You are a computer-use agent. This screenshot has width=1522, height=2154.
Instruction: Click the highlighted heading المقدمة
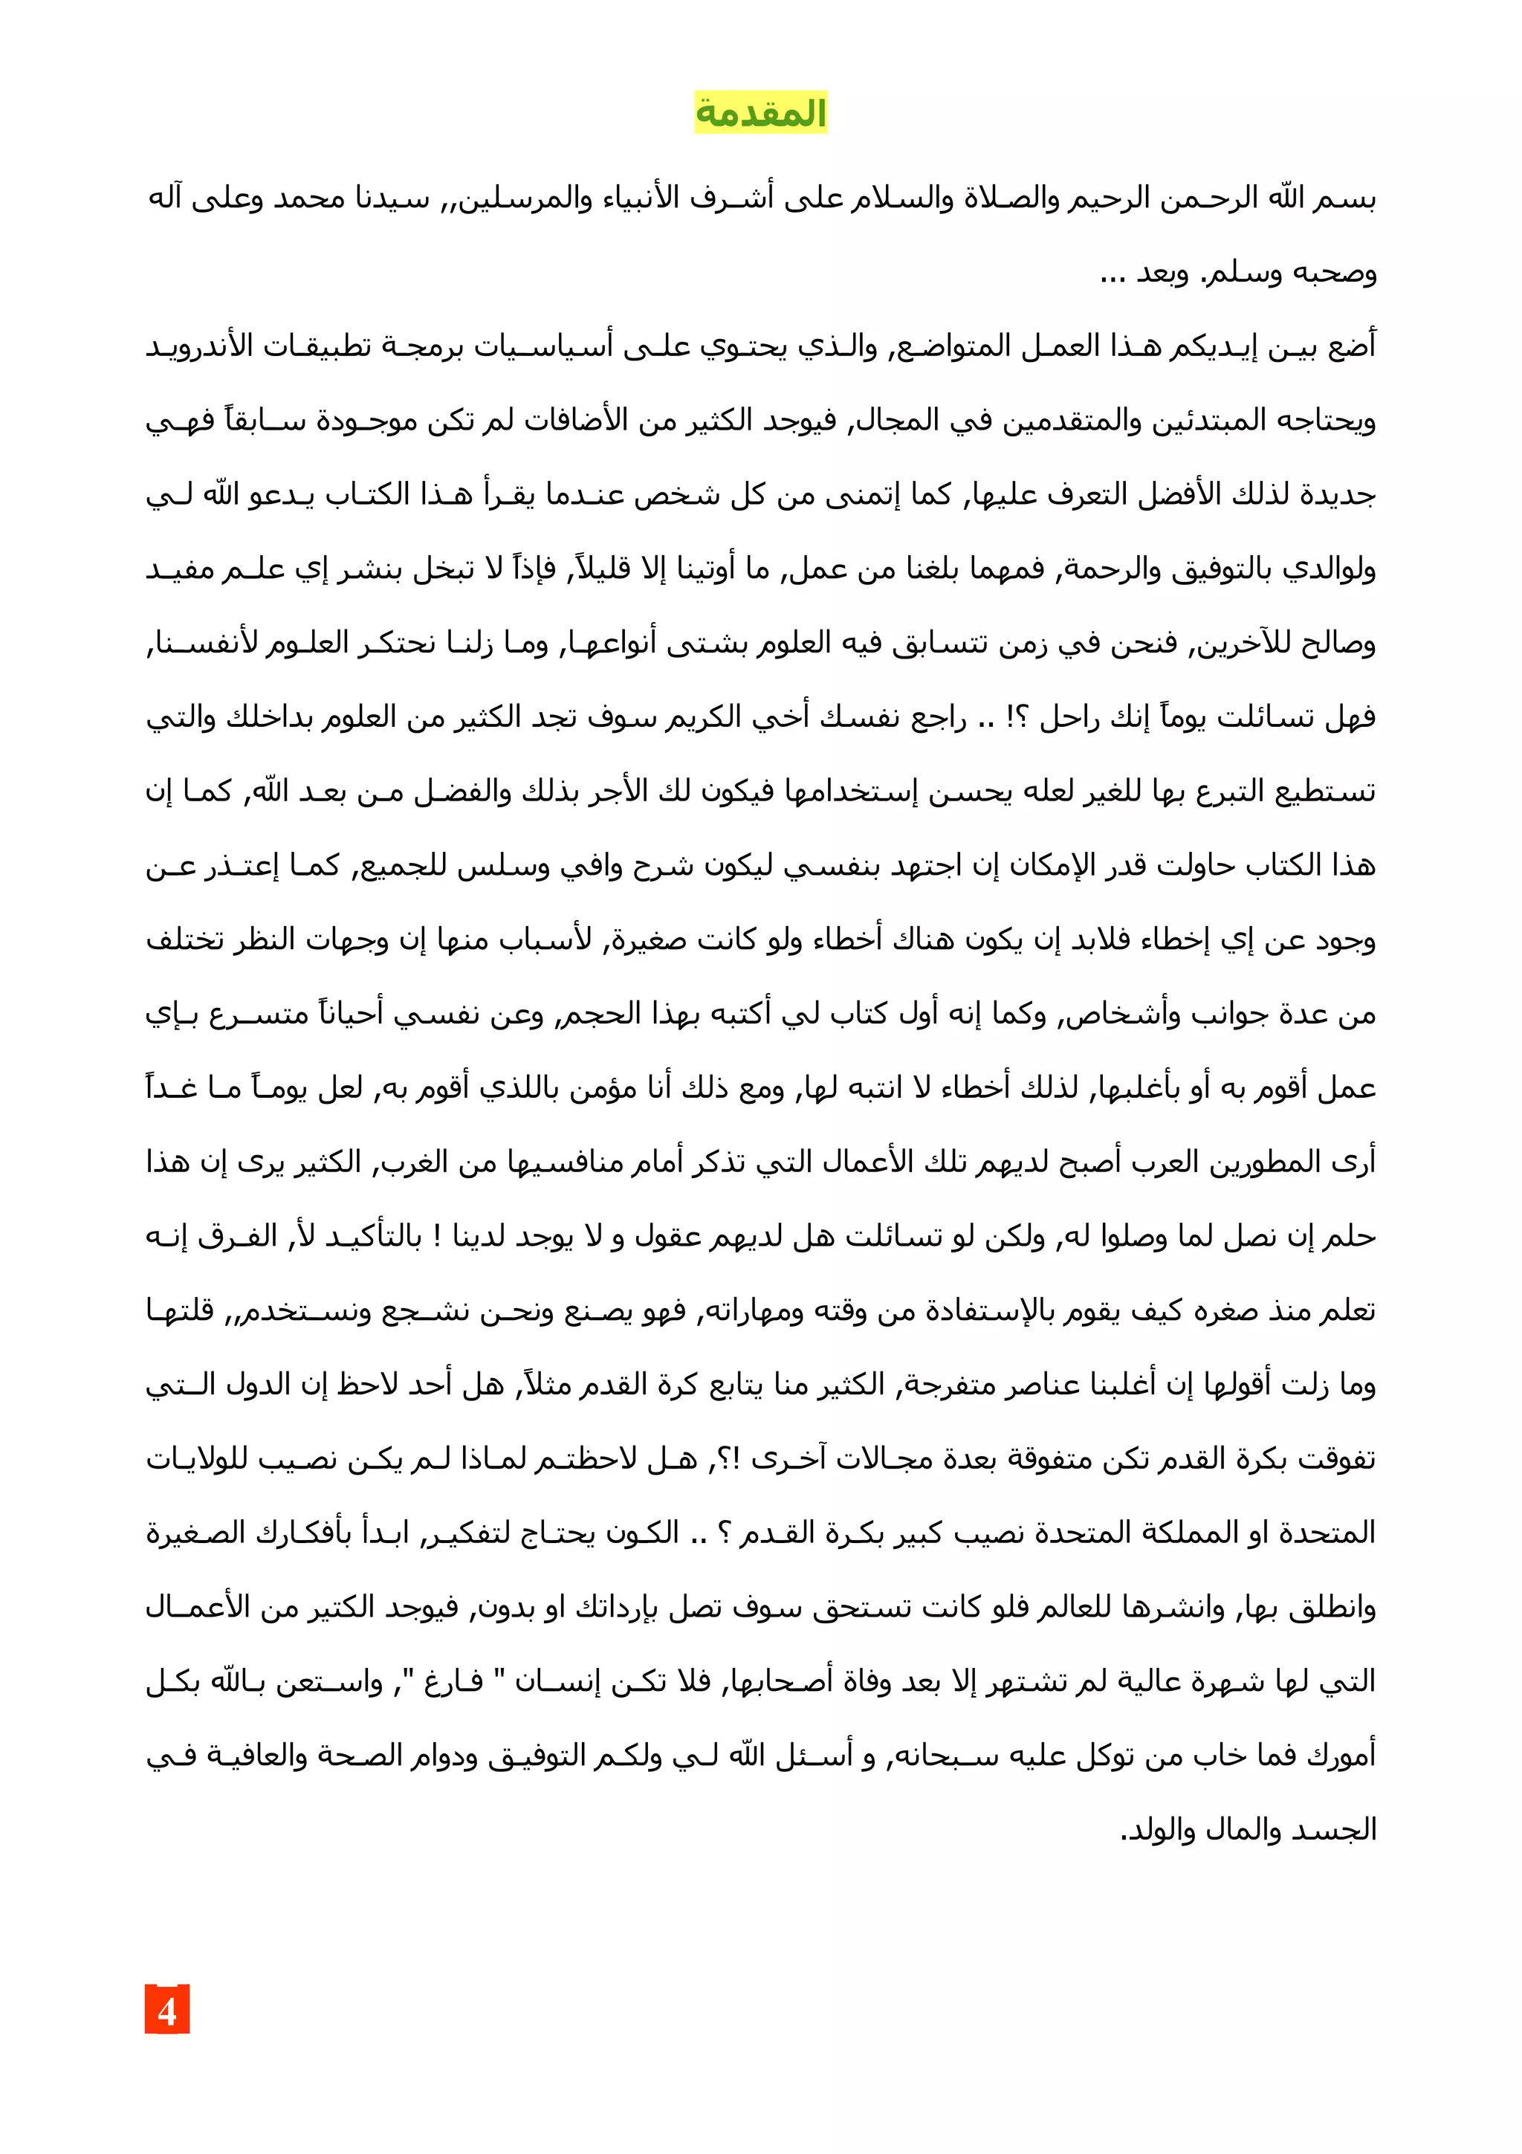[760, 114]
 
